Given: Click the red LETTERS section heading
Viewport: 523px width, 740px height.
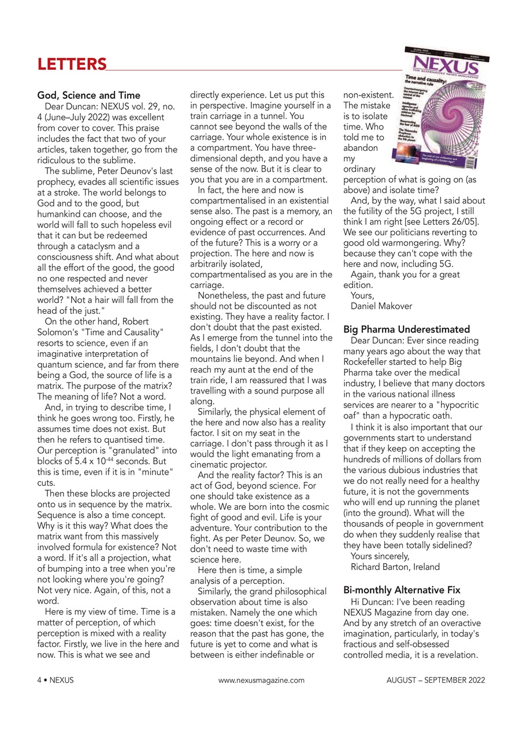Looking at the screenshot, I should point(72,64).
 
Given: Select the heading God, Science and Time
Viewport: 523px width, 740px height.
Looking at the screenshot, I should point(88,95).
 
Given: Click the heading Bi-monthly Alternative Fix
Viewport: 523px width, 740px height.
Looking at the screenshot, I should point(402,590).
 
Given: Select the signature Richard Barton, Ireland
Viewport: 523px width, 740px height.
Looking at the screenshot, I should point(395,567).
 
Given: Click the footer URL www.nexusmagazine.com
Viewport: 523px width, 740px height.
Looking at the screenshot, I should point(261,680).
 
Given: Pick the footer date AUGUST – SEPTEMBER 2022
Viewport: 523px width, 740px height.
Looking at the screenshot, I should point(436,680).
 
